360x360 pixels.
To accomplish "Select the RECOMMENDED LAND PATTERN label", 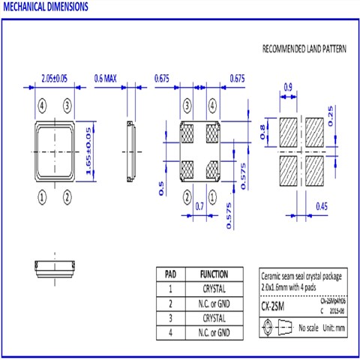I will click(304, 49).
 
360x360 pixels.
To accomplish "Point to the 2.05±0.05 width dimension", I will click(56, 78).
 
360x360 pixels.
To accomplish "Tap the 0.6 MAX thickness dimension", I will click(109, 78).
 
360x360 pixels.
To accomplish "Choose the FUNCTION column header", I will click(214, 274).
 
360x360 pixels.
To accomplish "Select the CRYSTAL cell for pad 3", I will click(214, 318).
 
